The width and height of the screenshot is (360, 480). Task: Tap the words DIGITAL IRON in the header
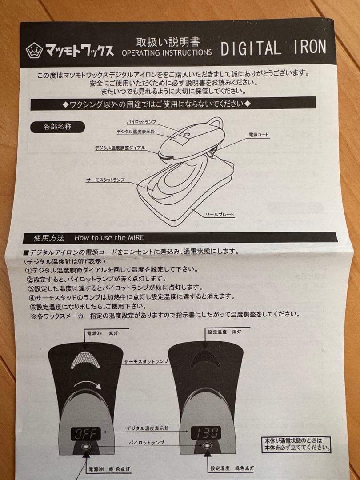pyautogui.click(x=273, y=48)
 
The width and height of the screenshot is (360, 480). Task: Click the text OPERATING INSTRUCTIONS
pyautogui.click(x=167, y=52)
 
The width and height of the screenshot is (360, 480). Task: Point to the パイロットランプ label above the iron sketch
pyautogui.click(x=141, y=121)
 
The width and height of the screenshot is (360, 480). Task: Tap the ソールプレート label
pyautogui.click(x=220, y=215)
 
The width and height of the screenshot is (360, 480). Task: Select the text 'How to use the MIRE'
pyautogui.click(x=109, y=238)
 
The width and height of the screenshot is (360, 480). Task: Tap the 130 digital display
pyautogui.click(x=206, y=432)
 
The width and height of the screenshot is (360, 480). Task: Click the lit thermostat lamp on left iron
pyautogui.click(x=86, y=359)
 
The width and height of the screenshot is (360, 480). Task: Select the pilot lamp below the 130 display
pyautogui.click(x=206, y=447)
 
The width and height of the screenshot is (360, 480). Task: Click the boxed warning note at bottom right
pyautogui.click(x=296, y=444)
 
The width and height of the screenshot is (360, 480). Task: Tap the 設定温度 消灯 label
pyautogui.click(x=224, y=332)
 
